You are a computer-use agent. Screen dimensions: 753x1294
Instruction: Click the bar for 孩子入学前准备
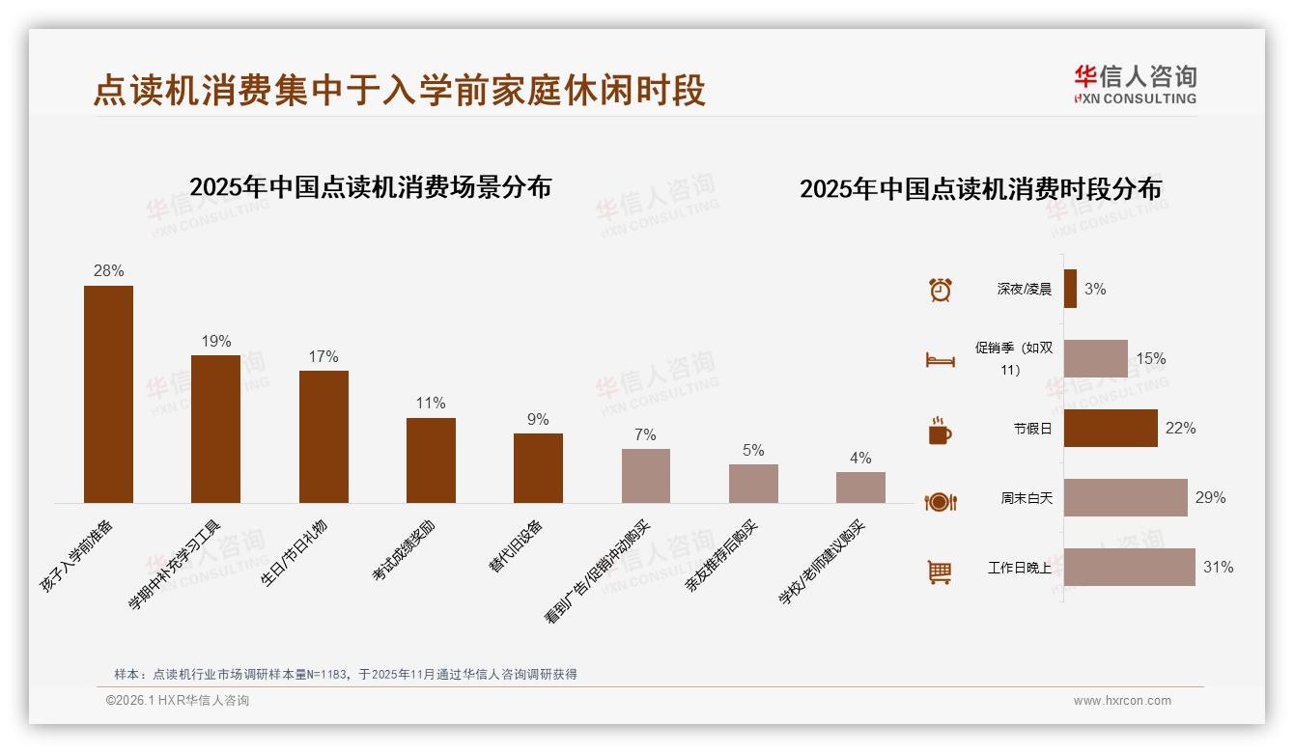coord(108,394)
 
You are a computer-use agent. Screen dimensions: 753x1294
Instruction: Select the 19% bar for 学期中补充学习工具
coord(215,429)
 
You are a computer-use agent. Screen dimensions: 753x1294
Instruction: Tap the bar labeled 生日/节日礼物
coord(323,436)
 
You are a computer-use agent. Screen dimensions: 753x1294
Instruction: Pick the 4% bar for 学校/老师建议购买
coord(860,488)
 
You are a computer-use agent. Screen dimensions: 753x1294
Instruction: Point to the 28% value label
coord(108,271)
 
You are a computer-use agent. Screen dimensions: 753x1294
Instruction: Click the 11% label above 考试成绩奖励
coord(431,404)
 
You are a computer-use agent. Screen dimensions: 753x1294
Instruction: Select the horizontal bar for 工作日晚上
coord(1129,568)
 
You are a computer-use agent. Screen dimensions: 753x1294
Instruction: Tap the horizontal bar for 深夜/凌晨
coord(1070,289)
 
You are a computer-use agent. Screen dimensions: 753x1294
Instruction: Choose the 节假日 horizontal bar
coord(1111,428)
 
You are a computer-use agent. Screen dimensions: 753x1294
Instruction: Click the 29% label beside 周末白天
coord(1210,498)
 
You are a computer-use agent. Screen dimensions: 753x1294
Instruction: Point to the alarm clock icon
coord(940,290)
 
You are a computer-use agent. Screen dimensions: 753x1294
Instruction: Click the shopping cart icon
coord(940,572)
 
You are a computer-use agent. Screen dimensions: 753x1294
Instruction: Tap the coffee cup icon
coord(940,431)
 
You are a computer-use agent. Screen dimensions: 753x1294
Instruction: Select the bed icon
coord(940,360)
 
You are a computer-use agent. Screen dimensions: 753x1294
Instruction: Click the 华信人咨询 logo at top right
coord(1135,84)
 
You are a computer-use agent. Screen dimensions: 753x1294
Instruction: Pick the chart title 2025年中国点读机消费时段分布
coord(980,188)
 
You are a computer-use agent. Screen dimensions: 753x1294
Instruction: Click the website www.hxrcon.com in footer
coord(1122,701)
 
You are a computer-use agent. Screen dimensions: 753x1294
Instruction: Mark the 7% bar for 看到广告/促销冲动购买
coord(645,476)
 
